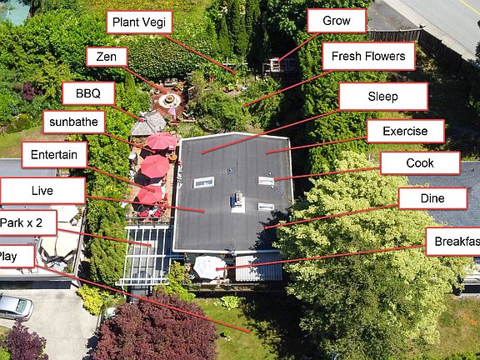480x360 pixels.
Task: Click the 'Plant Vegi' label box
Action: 139,22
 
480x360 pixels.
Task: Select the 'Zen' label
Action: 107,57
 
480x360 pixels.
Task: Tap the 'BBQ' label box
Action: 88,93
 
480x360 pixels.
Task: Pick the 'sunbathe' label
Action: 74,122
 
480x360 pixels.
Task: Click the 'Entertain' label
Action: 54,155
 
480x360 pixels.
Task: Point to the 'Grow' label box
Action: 337,21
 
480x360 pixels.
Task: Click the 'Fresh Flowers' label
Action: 368,57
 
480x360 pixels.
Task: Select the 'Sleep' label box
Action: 383,97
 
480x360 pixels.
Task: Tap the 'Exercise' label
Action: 405,131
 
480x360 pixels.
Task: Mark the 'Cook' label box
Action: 420,163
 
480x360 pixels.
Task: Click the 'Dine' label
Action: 432,198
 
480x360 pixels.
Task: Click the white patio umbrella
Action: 209,267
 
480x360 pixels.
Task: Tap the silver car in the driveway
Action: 16,307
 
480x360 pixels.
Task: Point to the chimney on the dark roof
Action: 238,202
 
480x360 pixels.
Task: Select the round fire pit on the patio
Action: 170,100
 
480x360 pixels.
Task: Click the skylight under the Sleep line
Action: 203,182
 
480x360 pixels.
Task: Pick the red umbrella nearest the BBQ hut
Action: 161,141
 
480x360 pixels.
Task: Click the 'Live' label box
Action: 42,191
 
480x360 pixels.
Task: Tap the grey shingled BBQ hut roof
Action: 149,123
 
